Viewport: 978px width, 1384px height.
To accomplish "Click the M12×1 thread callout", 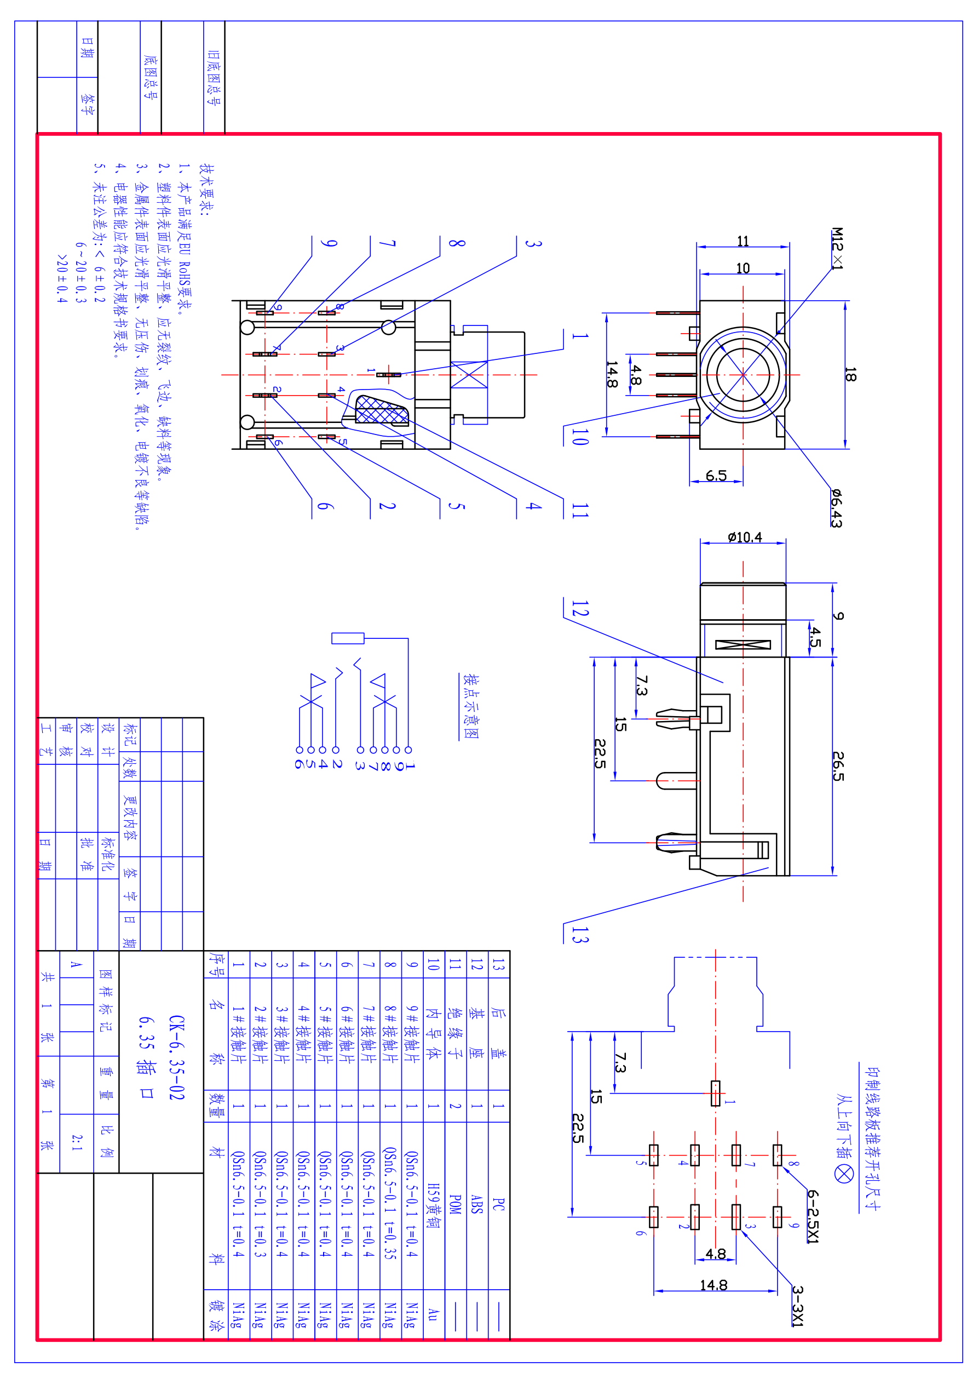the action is (837, 248).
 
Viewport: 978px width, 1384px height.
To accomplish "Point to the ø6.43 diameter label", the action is (836, 508).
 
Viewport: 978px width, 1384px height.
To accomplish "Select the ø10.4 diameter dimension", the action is (745, 537).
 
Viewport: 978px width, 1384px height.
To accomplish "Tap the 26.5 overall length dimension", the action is (838, 766).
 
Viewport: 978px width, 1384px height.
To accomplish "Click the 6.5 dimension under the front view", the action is (716, 476).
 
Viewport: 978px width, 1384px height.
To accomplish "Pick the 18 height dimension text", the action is (850, 375).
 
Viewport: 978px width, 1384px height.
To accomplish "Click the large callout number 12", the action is (580, 608).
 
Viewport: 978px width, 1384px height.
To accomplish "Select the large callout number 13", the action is (580, 934).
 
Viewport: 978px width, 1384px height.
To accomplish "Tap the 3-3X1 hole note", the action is (797, 1306).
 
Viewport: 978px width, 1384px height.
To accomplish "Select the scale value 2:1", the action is (77, 1142).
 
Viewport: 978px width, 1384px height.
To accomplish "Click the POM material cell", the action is (456, 1204).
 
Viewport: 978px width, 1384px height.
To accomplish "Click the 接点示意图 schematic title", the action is (470, 706).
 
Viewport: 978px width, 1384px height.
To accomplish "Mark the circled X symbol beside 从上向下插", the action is (844, 1173).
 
